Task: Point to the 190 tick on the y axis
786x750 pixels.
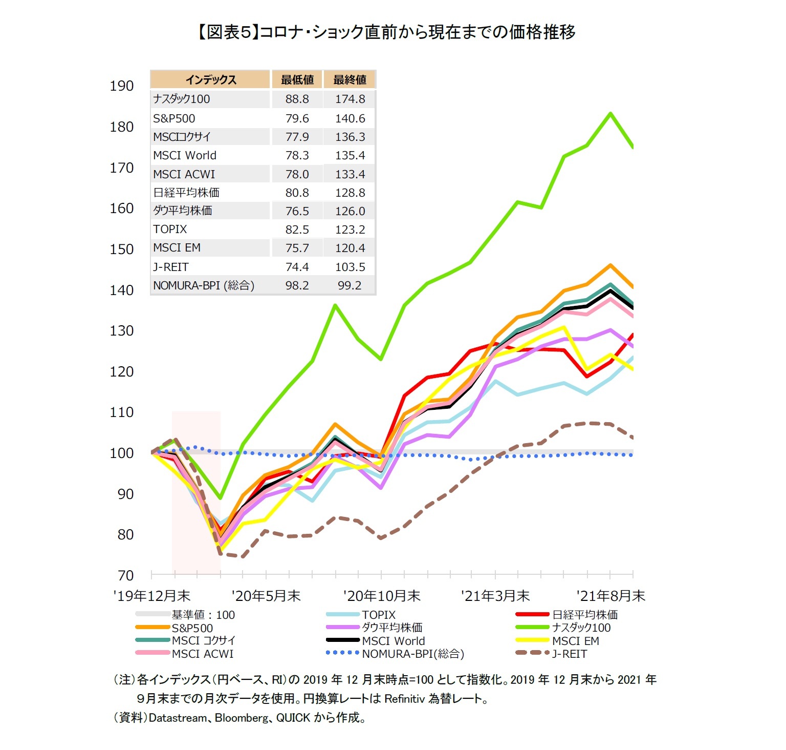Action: point(122,86)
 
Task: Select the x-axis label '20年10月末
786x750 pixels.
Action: point(382,596)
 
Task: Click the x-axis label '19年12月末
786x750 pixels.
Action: point(151,596)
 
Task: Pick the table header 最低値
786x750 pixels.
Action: point(297,80)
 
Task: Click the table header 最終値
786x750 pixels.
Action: point(350,80)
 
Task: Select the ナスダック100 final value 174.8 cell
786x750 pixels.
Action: point(350,99)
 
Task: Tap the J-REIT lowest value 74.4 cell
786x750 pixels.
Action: point(297,267)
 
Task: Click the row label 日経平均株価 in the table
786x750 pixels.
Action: point(186,193)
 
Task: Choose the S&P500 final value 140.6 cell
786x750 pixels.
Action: point(350,118)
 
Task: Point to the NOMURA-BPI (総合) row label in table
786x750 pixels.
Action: point(204,285)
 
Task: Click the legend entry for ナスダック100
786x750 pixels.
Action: point(581,628)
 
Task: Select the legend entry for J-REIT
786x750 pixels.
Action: point(569,654)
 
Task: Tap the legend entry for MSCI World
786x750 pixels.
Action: point(393,641)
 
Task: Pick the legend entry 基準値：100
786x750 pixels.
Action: point(203,615)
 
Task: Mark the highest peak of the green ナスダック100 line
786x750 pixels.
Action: point(610,114)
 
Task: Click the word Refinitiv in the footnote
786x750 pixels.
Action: point(404,699)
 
